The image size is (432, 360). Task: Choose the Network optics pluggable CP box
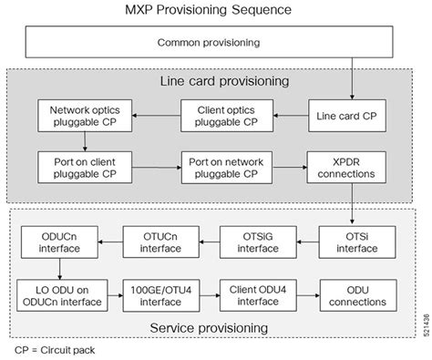tap(84, 117)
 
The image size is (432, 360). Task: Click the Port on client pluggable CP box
tap(84, 168)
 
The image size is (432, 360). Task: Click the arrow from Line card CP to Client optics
tap(291, 117)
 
